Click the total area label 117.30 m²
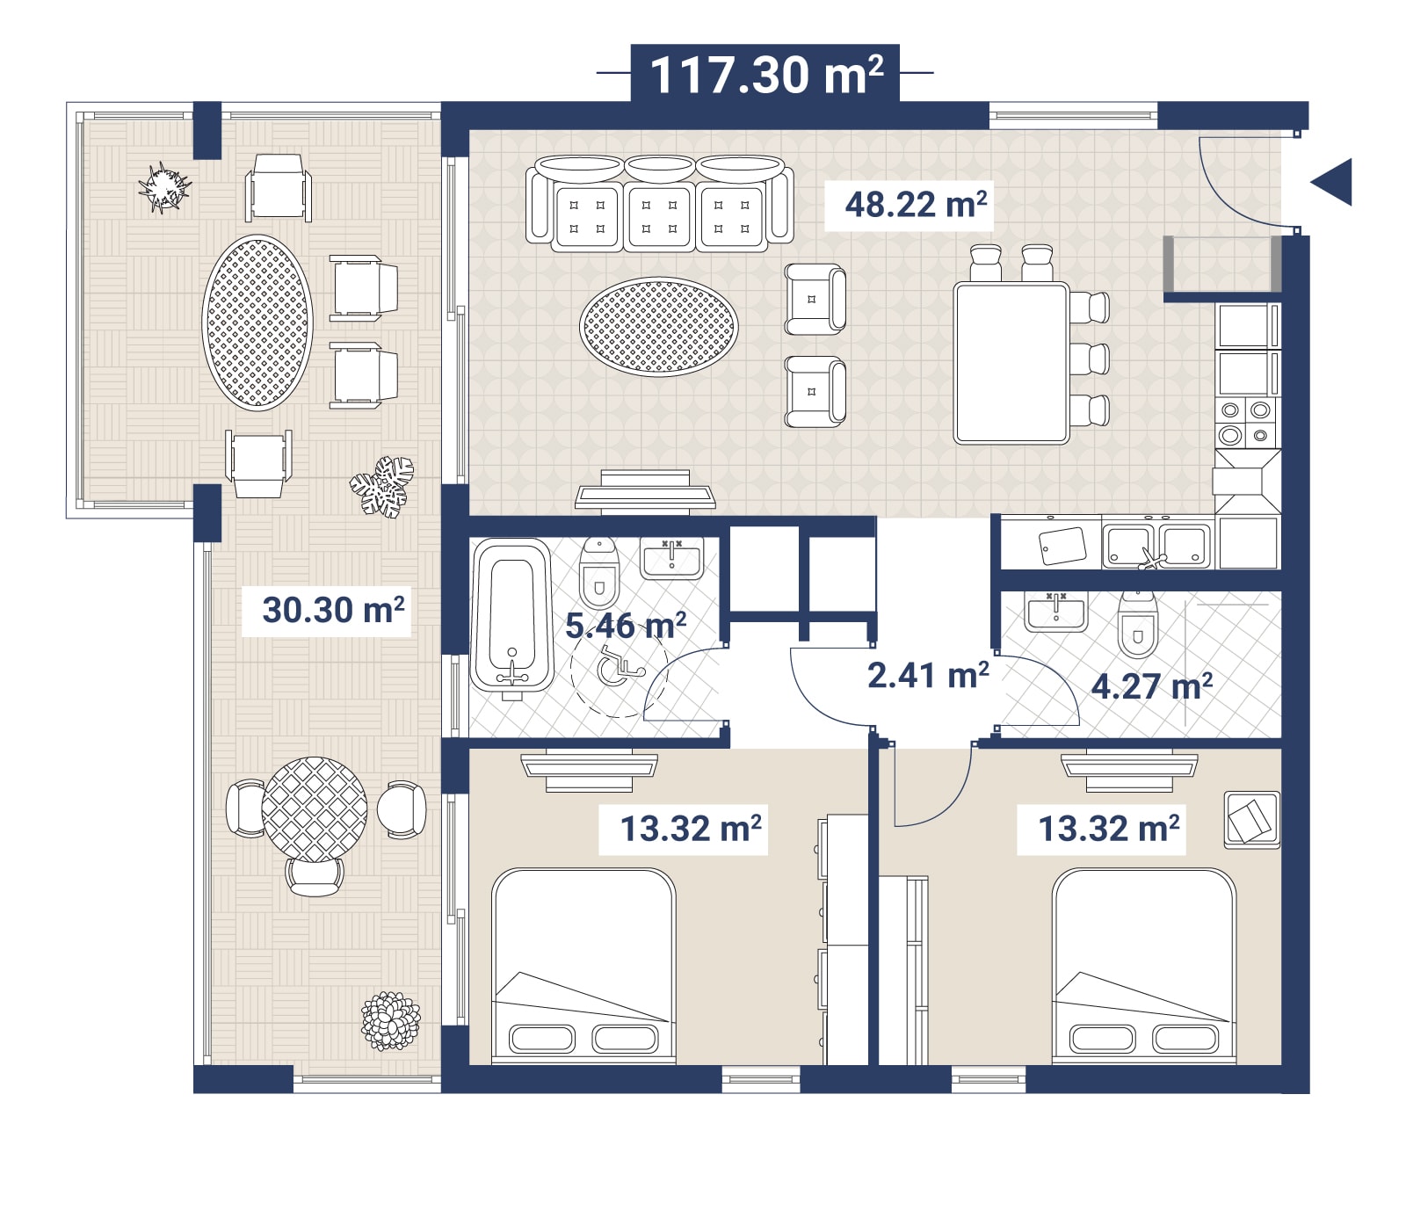point(766,74)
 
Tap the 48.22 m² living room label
point(916,204)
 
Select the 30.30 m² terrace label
point(334,609)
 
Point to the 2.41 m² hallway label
point(928,675)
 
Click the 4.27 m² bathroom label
point(1152,685)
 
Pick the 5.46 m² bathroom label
point(626,626)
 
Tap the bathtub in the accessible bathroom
point(512,615)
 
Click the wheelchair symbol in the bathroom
point(620,669)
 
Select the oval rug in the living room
point(659,327)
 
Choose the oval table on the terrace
point(257,323)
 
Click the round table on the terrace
point(314,809)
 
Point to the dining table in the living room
point(1011,362)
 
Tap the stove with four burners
point(1246,422)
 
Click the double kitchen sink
point(1156,545)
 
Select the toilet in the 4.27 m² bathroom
point(1138,625)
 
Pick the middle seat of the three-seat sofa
point(660,204)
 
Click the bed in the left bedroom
point(583,965)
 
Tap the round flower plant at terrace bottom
point(391,1021)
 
